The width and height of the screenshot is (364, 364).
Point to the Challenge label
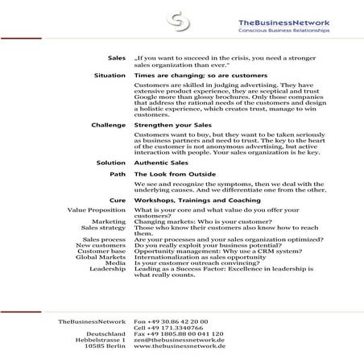(109, 126)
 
